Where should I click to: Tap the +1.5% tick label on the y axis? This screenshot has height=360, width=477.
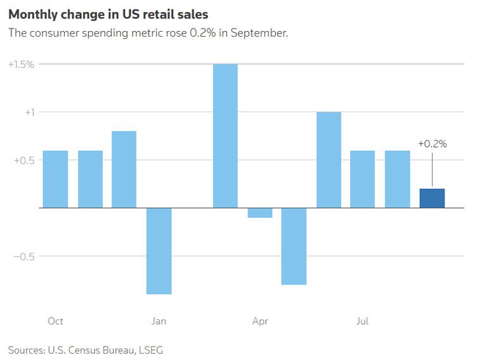pyautogui.click(x=21, y=64)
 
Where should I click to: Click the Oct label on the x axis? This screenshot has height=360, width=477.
pyautogui.click(x=56, y=321)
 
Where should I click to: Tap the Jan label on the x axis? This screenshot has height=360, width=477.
pyautogui.click(x=159, y=321)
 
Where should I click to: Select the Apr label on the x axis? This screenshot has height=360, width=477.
pyautogui.click(x=260, y=321)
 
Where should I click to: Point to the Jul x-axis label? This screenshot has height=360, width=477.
pyautogui.click(x=362, y=321)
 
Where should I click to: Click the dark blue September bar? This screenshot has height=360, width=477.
pyautogui.click(x=432, y=198)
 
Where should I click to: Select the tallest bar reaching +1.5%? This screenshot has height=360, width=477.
pyautogui.click(x=225, y=136)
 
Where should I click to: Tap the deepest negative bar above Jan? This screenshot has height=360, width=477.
pyautogui.click(x=159, y=251)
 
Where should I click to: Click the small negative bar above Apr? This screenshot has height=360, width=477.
pyautogui.click(x=260, y=213)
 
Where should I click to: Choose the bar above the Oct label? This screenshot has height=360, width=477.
pyautogui.click(x=56, y=179)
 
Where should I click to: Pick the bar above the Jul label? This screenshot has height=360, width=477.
pyautogui.click(x=362, y=179)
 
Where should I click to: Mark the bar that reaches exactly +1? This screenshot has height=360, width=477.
pyautogui.click(x=329, y=160)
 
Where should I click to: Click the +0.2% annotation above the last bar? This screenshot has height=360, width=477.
pyautogui.click(x=432, y=144)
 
